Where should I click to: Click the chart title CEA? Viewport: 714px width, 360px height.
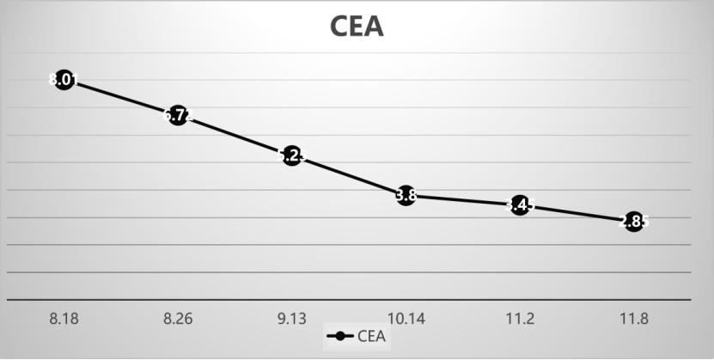357,26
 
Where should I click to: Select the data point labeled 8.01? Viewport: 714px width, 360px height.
64,81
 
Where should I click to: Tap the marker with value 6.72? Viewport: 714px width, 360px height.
178,114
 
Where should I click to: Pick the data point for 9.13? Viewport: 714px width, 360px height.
291,156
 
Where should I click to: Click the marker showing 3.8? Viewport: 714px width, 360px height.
406,196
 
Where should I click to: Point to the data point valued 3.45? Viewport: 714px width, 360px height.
519,205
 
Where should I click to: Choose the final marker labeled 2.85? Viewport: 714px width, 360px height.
633,222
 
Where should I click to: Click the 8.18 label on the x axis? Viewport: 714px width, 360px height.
64,318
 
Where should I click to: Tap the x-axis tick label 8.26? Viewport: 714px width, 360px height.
178,318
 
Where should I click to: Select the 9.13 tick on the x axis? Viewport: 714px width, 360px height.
291,318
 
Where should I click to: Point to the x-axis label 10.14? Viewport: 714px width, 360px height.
406,318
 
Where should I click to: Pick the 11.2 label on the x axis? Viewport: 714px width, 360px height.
519,318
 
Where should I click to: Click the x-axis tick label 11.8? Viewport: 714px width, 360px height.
633,318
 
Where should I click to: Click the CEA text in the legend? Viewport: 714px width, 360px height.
370,336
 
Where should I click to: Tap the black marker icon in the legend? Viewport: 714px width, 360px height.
341,336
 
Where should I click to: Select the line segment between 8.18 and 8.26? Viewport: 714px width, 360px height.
120,97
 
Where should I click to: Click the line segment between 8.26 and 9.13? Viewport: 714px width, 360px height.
235,135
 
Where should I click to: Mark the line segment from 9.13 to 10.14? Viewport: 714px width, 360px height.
348,175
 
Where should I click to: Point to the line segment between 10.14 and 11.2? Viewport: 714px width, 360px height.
462,200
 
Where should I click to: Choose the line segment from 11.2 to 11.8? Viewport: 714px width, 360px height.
576,213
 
